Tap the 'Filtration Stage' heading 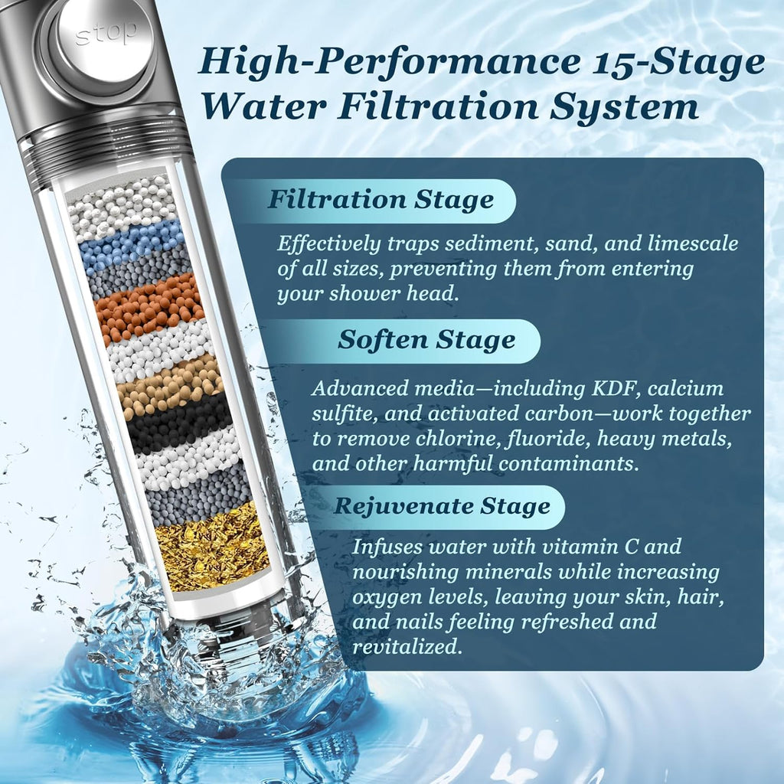point(381,201)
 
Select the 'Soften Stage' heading point(426,340)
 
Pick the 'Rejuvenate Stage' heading point(442,506)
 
